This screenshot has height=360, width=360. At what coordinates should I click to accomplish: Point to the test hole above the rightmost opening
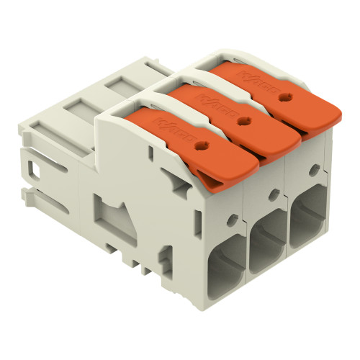(315, 171)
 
